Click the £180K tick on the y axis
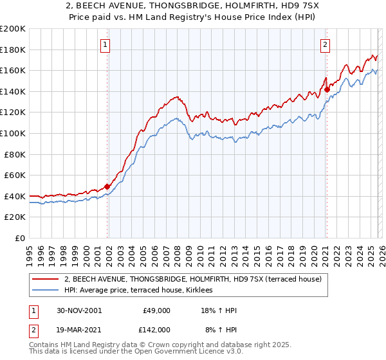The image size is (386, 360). tap(13, 50)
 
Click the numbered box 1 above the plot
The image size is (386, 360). tap(105, 45)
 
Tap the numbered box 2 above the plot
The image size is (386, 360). tap(326, 45)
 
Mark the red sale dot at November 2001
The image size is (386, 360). tap(107, 186)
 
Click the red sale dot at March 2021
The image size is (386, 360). tap(327, 89)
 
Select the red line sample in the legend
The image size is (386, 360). tap(46, 279)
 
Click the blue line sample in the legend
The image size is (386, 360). tap(46, 291)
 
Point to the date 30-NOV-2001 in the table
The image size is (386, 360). tap(78, 310)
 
